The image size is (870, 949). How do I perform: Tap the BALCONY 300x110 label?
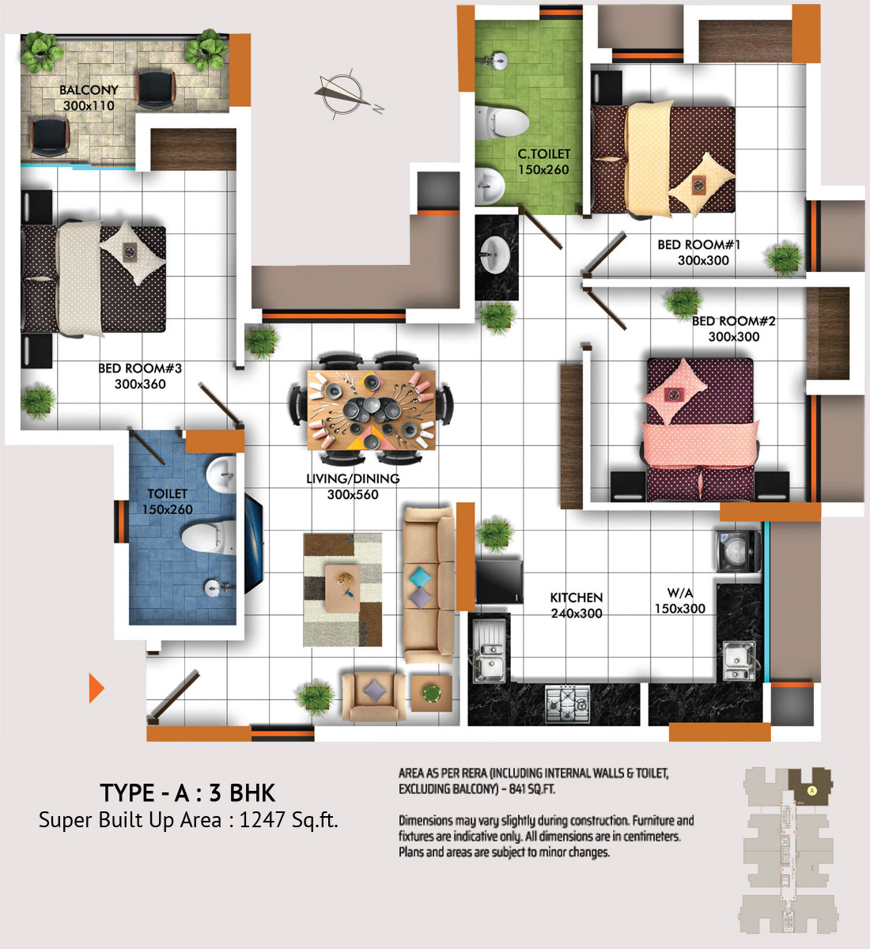(x=89, y=97)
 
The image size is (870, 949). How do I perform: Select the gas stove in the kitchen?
(x=568, y=704)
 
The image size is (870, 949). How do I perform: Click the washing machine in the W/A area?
(x=737, y=551)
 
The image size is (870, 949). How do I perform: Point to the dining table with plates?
(x=372, y=410)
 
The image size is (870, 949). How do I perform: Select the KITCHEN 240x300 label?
(x=576, y=605)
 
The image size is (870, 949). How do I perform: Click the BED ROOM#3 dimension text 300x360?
(x=140, y=384)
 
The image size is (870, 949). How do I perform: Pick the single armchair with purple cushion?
(x=374, y=697)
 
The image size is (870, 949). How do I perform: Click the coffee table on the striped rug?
(x=342, y=588)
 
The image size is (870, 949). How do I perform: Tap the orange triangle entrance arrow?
(x=96, y=688)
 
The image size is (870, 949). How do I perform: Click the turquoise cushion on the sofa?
(x=419, y=577)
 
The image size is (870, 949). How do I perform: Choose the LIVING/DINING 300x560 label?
(x=353, y=487)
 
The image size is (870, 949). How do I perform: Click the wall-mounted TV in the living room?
(x=254, y=543)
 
